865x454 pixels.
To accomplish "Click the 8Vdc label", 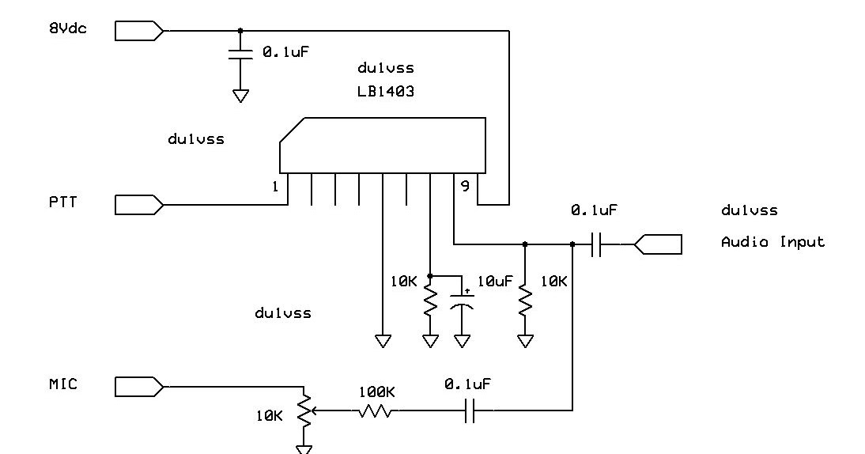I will [68, 28].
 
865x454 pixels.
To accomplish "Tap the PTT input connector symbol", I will [139, 205].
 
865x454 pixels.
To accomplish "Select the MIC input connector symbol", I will [139, 387].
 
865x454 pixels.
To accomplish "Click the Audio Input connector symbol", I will [658, 244].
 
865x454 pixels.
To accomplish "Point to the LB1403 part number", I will [385, 91].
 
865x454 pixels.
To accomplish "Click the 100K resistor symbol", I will [376, 410].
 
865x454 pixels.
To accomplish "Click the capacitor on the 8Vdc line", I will [240, 53].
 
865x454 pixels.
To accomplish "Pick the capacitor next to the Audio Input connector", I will [597, 244].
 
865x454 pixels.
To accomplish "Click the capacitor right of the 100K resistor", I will [470, 410].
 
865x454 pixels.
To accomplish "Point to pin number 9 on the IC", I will [464, 187].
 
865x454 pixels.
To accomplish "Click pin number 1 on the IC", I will [275, 187].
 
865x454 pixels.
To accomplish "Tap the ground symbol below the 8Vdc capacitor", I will [240, 96].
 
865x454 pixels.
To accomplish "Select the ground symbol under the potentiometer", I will [304, 448].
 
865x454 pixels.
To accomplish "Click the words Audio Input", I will [772, 242].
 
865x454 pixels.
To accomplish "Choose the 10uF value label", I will [496, 281].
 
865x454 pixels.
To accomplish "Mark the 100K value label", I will [376, 392].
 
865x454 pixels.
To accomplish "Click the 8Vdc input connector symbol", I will [139, 31].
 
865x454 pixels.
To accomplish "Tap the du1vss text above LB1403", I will [385, 68].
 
